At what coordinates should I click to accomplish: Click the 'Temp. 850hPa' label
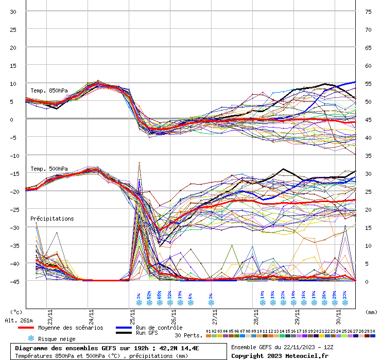coord(49,91)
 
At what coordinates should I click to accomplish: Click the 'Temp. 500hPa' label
coord(49,169)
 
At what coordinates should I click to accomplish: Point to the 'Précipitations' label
coord(52,219)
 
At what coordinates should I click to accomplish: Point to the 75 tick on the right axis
coord(368,12)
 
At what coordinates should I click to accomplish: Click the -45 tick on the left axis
coord(14,281)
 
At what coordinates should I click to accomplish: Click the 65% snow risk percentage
coord(160,295)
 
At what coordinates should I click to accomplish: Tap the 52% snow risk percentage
coord(149,295)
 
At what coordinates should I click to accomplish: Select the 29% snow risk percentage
coord(335,295)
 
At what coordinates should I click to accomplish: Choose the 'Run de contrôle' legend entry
coord(159,328)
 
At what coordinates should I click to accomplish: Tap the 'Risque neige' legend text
coord(57,339)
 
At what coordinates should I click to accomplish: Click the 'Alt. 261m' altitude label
coord(19,320)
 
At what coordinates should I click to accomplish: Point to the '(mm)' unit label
coord(371,312)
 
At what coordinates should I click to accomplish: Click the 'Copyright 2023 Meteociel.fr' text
coord(280,356)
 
